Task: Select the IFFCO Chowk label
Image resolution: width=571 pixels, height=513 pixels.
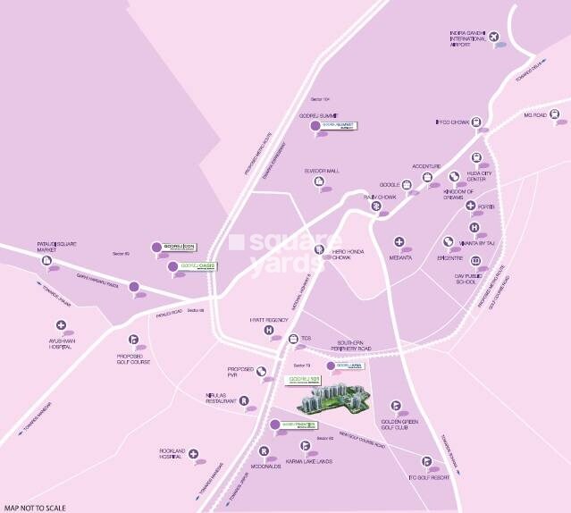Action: (450, 123)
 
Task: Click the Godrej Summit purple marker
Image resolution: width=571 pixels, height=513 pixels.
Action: (314, 128)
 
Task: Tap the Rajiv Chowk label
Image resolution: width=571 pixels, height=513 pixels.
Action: (379, 195)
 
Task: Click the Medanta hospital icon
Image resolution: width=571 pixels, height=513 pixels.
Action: (399, 242)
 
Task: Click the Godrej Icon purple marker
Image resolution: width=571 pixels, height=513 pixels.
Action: (157, 247)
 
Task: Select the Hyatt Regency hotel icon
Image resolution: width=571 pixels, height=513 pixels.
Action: (267, 331)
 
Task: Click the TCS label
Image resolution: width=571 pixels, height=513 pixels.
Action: (306, 339)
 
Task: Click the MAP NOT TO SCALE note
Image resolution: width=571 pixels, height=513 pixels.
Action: (32, 507)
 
